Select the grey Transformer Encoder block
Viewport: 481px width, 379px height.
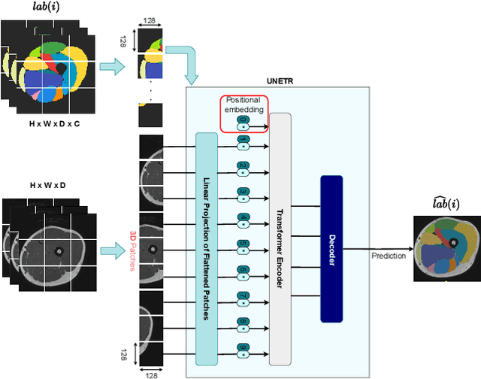[x=280, y=239]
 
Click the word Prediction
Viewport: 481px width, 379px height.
[x=388, y=256]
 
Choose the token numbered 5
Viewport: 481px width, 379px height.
[x=243, y=244]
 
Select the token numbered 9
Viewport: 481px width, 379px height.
[x=243, y=347]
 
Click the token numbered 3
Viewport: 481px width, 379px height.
[x=243, y=192]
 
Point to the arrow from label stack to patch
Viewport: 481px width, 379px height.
[x=113, y=66]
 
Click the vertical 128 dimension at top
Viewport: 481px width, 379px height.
[x=125, y=40]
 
